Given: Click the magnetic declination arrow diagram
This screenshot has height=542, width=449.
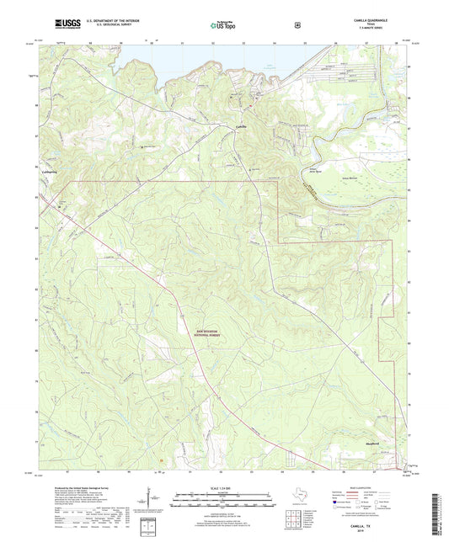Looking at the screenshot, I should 155,502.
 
